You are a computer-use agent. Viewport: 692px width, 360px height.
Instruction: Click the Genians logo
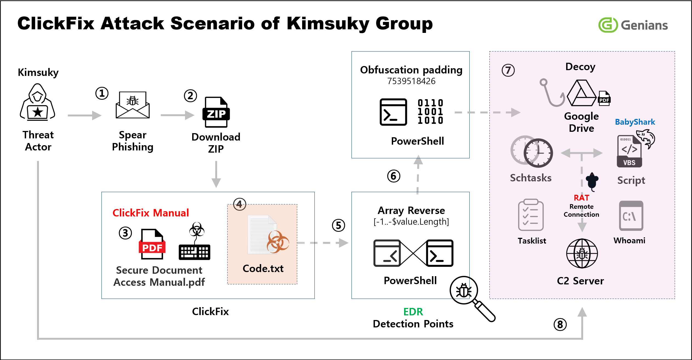click(633, 25)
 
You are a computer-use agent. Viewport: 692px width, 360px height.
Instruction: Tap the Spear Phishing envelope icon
click(133, 105)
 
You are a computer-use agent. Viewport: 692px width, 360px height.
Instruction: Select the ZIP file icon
click(216, 112)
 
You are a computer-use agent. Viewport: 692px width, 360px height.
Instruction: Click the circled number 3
click(125, 233)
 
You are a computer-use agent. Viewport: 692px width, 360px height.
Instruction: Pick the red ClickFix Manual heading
click(151, 213)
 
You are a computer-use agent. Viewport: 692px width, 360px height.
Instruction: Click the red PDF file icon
click(152, 244)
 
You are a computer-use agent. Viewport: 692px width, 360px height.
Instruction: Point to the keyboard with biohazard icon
click(195, 242)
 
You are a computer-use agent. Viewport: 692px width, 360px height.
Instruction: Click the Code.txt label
click(263, 268)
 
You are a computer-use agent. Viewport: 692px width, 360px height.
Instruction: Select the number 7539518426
click(411, 81)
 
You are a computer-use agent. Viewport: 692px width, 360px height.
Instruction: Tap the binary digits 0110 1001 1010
click(430, 112)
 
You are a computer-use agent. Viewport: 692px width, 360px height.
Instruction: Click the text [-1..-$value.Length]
click(411, 222)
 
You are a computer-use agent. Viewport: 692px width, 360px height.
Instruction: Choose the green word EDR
click(413, 312)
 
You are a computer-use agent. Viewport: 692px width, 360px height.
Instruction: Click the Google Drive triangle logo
click(581, 94)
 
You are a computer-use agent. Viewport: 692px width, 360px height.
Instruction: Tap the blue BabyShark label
click(635, 122)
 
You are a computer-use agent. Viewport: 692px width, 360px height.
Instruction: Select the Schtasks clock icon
click(532, 152)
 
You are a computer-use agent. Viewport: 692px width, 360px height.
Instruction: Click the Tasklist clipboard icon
click(531, 215)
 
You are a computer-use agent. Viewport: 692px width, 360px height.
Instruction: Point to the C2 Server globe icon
click(582, 253)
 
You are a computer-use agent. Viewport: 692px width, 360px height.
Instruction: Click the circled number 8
click(560, 325)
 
